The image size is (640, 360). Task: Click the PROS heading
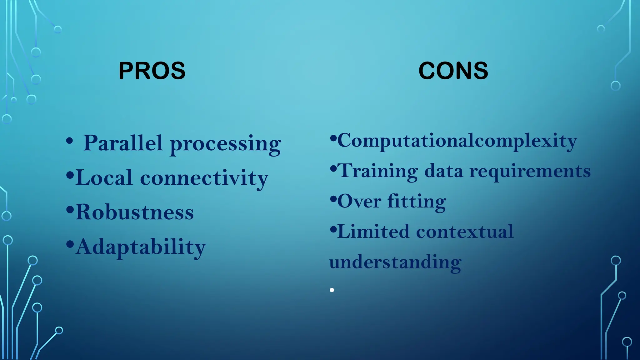tap(152, 71)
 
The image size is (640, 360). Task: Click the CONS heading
tap(453, 71)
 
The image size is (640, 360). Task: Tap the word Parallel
tap(123, 143)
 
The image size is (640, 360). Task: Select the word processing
tap(225, 144)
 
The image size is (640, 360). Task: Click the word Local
tap(104, 177)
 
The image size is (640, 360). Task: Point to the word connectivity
tap(204, 178)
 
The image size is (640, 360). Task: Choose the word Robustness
tap(135, 212)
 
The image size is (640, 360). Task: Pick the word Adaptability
tap(141, 247)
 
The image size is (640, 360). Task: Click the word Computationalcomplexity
tap(457, 141)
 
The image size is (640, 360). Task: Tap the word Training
tap(378, 171)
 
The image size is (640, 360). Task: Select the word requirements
tap(530, 172)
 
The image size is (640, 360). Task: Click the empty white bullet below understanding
tap(332, 290)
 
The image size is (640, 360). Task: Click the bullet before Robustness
tap(70, 209)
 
